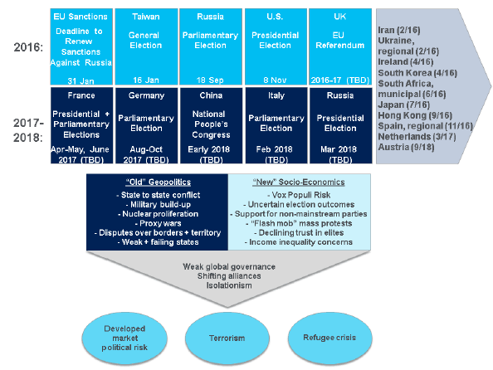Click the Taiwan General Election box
(x=147, y=46)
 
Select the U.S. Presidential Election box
(x=276, y=46)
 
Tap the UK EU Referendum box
(x=340, y=46)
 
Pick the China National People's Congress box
(x=211, y=125)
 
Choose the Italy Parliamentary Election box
(x=276, y=125)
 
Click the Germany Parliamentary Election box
(x=147, y=125)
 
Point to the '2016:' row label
(x=28, y=47)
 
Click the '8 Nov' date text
(x=275, y=80)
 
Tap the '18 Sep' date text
(x=210, y=80)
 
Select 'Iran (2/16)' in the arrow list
(x=399, y=30)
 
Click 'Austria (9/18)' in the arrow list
(x=406, y=147)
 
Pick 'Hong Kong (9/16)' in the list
(x=415, y=115)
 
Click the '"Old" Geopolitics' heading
(x=159, y=182)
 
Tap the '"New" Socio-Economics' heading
(x=299, y=182)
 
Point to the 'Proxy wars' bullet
(x=159, y=223)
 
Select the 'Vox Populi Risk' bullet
(x=299, y=195)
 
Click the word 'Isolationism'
(x=229, y=285)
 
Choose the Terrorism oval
(x=227, y=338)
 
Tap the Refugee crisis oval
(x=330, y=338)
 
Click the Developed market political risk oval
(x=124, y=338)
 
